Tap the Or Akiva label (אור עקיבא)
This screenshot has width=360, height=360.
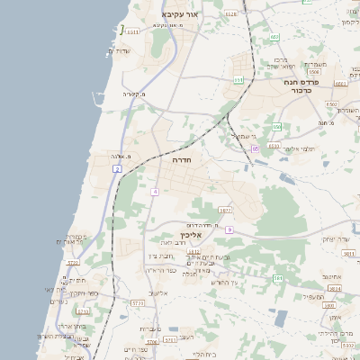[x=179, y=15]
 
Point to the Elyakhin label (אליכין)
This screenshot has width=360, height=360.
[x=203, y=235]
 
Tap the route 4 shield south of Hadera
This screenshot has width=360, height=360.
[x=155, y=192]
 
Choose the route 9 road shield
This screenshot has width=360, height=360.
[x=229, y=230]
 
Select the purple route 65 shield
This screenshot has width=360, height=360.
[x=256, y=148]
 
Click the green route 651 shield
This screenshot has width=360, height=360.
[x=238, y=80]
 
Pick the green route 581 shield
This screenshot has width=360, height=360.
[x=278, y=278]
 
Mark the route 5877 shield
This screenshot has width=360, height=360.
[x=225, y=210]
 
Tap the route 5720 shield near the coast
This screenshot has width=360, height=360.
[x=74, y=263]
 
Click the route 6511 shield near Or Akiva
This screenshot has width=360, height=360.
[x=132, y=32]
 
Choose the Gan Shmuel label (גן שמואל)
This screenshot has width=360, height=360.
[x=238, y=136]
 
